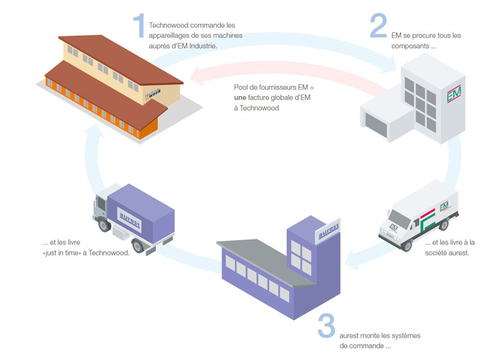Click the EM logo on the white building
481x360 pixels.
click(453, 97)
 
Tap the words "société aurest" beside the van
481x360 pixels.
click(447, 253)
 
